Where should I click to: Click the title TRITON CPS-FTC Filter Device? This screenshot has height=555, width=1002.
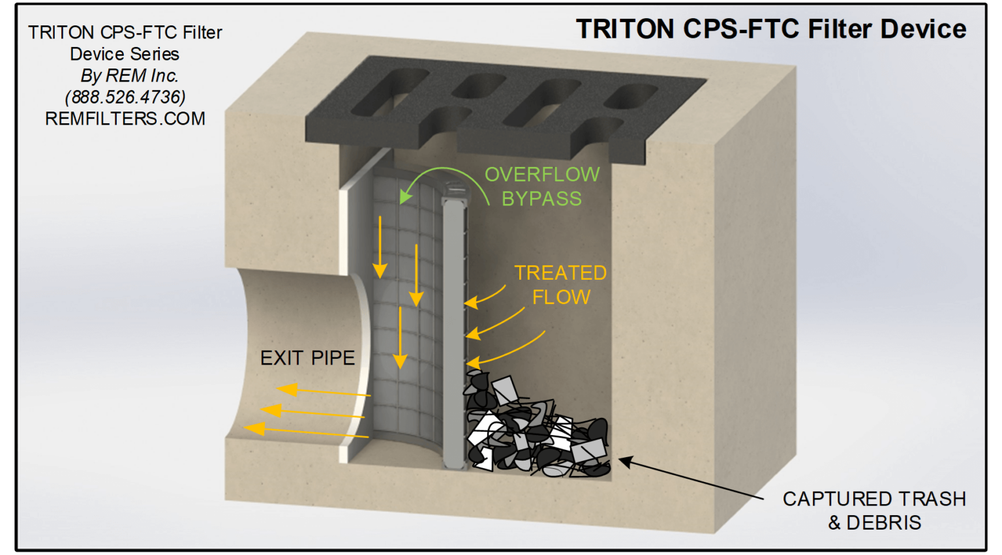point(770,29)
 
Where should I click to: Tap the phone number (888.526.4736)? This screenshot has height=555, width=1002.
point(125,97)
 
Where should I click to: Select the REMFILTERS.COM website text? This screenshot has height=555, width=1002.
point(125,119)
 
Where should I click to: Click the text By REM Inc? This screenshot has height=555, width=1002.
point(129,76)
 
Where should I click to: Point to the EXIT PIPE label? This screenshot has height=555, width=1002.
point(307,358)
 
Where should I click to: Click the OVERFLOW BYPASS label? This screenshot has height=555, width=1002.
point(541,187)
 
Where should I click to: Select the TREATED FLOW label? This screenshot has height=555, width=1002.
point(560,285)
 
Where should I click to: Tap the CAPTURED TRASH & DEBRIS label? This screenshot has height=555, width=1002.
point(874,511)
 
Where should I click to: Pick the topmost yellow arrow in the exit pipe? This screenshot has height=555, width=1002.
point(323,391)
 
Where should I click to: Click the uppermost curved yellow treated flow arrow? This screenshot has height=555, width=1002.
point(485,297)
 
